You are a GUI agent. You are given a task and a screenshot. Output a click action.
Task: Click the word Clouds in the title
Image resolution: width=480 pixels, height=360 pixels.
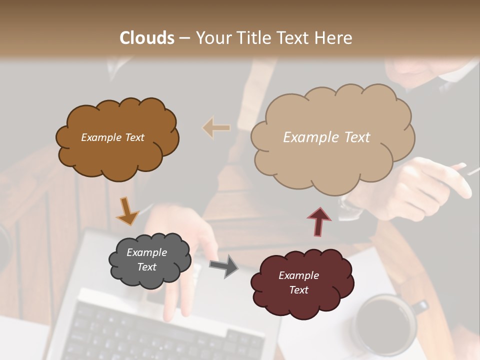click(147, 38)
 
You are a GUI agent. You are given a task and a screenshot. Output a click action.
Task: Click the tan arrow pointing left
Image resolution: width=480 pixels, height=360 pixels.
click(216, 127)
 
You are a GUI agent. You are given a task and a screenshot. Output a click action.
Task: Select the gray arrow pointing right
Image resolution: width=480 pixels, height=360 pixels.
click(223, 266)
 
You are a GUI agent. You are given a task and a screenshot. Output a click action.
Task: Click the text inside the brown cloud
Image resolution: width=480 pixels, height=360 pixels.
click(112, 137)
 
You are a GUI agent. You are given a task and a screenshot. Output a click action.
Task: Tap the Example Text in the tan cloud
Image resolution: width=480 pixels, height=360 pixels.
click(326, 137)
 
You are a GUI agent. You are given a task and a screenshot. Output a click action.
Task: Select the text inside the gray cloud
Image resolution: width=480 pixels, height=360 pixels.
click(146, 260)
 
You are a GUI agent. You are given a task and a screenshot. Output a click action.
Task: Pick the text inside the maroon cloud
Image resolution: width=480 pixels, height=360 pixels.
click(298, 282)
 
